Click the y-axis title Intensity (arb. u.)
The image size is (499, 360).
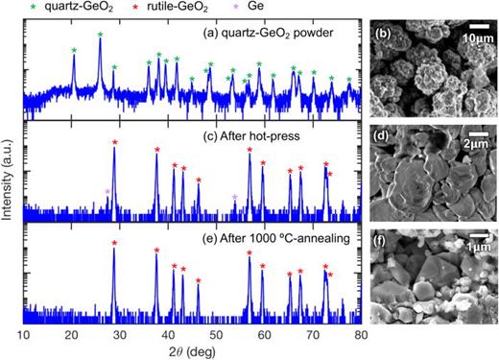9,178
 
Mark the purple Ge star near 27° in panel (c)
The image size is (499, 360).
107,192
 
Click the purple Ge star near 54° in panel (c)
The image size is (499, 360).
235,197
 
